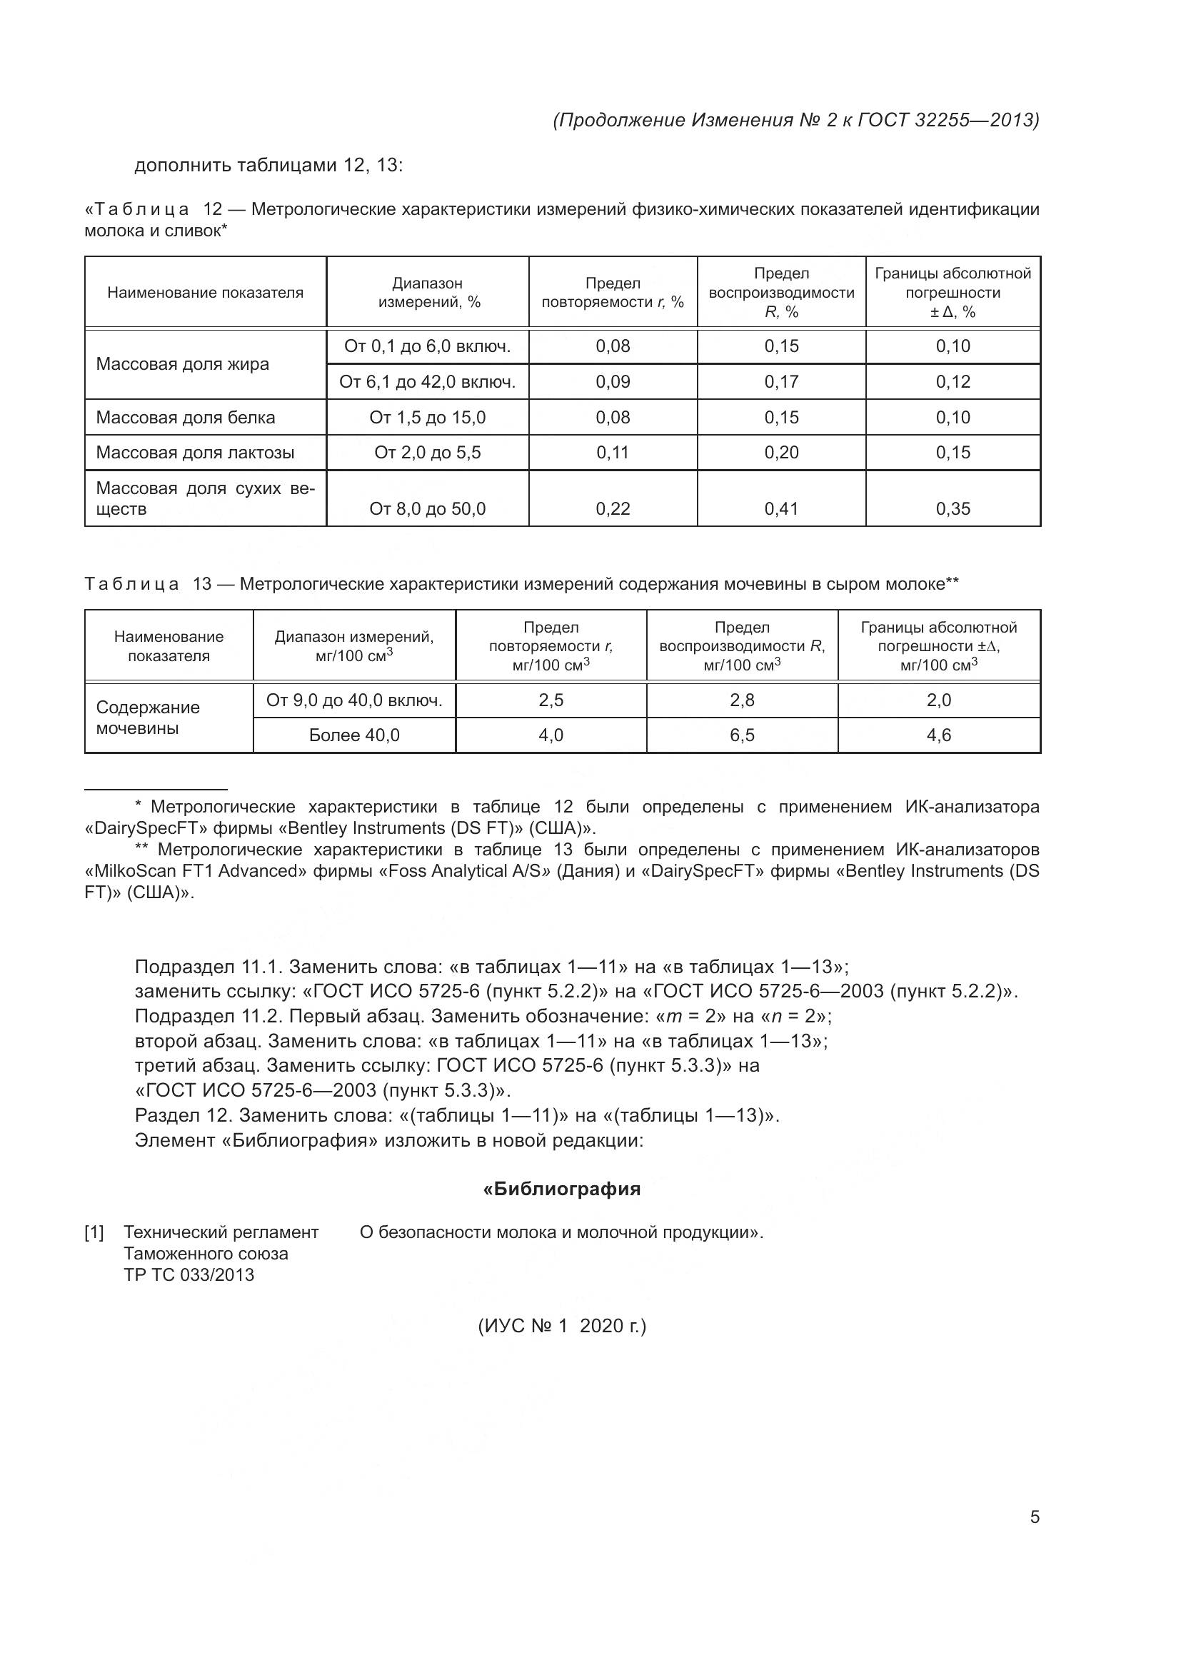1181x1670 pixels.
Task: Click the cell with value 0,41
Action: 781,508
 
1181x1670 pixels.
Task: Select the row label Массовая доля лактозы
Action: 195,453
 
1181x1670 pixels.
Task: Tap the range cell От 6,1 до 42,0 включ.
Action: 428,381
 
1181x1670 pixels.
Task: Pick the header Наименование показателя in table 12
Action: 205,293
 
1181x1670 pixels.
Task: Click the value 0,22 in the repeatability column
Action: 613,508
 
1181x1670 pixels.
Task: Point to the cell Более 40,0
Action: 354,735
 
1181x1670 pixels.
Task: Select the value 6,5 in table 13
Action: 742,735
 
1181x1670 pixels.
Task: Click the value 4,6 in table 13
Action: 938,735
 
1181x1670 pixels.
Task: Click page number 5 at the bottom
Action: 1035,1516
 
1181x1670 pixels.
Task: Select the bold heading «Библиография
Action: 561,1189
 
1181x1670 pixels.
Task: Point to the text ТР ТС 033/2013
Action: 189,1274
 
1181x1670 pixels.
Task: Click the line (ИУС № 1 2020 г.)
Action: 561,1325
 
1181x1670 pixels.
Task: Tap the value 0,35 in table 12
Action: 953,508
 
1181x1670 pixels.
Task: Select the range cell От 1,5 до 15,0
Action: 428,417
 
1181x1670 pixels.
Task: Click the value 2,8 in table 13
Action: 742,700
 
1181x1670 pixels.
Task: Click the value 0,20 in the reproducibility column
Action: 781,453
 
